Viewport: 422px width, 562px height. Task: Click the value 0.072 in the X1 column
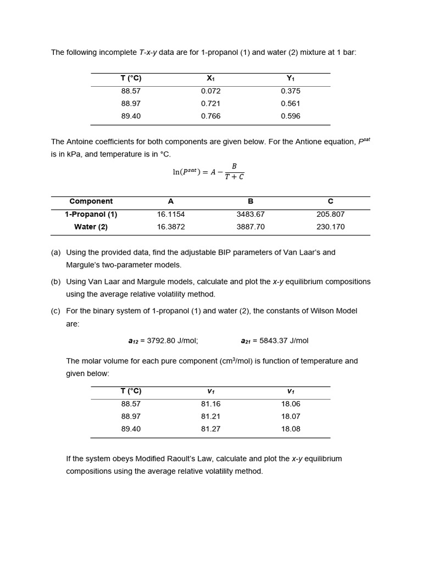coord(210,91)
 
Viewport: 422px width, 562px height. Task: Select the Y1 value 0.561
coord(290,104)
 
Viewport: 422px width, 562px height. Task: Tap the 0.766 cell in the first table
coord(210,116)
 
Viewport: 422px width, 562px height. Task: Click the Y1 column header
coord(290,78)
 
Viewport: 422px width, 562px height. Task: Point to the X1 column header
coord(210,78)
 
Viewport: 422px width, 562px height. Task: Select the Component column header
coord(91,201)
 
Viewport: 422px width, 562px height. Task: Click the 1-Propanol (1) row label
coord(91,215)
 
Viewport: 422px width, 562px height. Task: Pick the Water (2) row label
coord(91,227)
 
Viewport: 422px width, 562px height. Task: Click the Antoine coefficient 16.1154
coord(171,215)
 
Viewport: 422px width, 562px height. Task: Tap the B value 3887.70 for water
coord(251,227)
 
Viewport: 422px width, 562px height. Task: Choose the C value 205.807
coord(330,215)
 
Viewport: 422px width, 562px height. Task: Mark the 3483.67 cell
coord(251,215)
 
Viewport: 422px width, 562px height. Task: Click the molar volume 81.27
coord(210,429)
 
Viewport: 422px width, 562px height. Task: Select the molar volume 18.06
coord(290,404)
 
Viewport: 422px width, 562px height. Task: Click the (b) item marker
coord(55,282)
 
